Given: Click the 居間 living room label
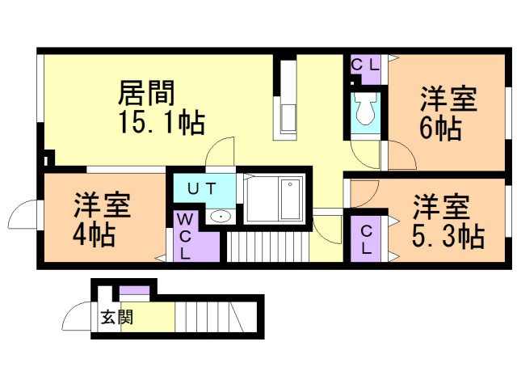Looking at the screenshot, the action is click(146, 93).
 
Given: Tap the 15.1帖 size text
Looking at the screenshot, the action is click(162, 122).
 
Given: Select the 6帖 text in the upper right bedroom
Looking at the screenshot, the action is click(440, 129).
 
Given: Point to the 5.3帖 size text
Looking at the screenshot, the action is click(448, 236).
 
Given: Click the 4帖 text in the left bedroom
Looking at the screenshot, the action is click(94, 235).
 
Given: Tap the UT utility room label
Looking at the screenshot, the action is click(201, 188).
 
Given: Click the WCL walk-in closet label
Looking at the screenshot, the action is click(185, 236).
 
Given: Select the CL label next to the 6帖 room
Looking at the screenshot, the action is click(364, 65).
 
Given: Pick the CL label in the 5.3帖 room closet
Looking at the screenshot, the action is click(366, 239).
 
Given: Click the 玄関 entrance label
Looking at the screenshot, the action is click(116, 317).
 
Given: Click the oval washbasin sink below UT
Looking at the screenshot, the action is click(221, 217).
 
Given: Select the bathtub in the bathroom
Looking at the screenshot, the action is click(291, 199).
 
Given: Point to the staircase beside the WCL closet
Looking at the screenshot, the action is click(268, 247).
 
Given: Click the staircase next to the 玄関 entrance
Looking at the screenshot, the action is click(209, 317).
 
